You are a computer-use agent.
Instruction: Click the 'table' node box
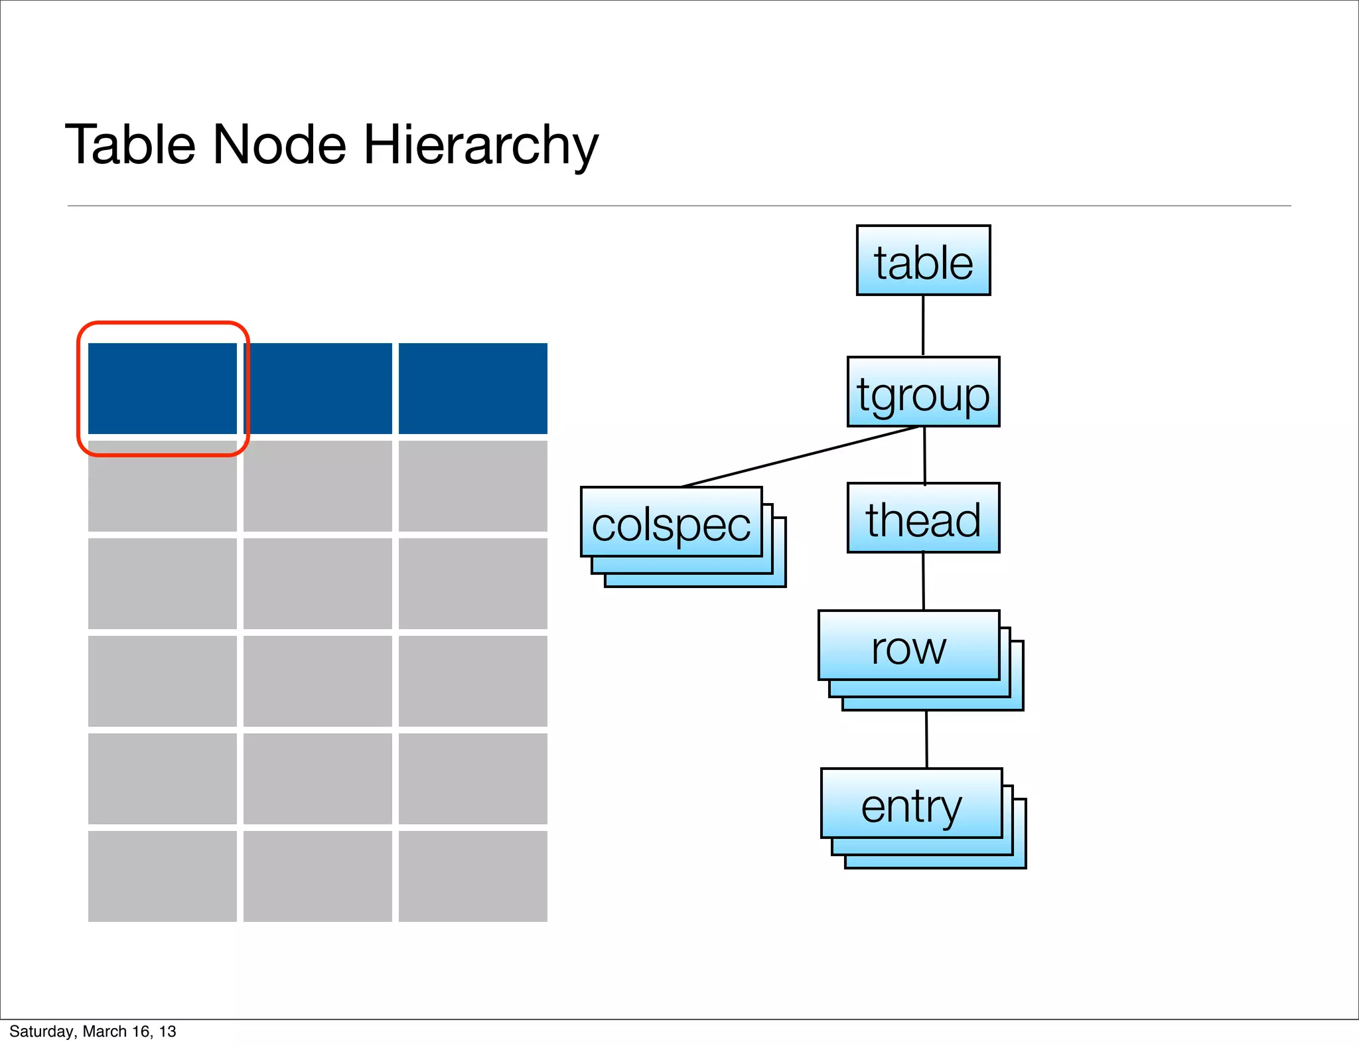tap(923, 260)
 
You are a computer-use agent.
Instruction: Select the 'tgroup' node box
tap(923, 392)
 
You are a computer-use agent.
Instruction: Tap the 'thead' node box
tap(923, 518)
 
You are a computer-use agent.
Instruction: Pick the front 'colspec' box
tap(671, 522)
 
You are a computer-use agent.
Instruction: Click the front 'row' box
tap(908, 645)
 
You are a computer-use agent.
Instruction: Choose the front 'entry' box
tap(911, 803)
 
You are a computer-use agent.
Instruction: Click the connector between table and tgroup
tap(923, 325)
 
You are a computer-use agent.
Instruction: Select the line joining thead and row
tap(924, 581)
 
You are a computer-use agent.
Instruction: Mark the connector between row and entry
tap(926, 739)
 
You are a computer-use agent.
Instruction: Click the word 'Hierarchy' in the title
tap(480, 146)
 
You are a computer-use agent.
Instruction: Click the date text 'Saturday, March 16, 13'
tap(93, 1031)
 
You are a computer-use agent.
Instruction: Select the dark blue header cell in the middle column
tap(318, 388)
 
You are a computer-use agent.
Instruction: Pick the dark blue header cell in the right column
tap(472, 388)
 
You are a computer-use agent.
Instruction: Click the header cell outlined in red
tap(163, 388)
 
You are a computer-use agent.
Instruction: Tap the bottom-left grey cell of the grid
tap(163, 876)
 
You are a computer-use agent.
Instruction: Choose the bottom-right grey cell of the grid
tap(472, 876)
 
